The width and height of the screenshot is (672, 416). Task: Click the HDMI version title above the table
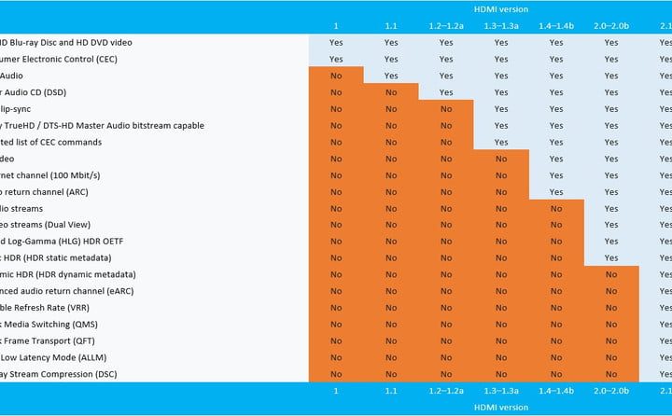(x=501, y=8)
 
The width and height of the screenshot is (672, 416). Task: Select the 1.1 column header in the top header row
(x=391, y=25)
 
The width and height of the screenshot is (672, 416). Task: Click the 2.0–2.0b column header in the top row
(x=611, y=25)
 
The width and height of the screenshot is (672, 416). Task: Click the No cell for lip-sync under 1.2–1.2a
(x=446, y=109)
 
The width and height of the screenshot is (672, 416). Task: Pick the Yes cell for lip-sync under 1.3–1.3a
(x=501, y=109)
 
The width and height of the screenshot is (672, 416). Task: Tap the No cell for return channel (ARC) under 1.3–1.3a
(x=501, y=192)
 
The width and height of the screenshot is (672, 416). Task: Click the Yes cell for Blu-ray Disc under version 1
(x=336, y=43)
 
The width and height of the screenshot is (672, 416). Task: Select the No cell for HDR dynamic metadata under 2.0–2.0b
(x=611, y=275)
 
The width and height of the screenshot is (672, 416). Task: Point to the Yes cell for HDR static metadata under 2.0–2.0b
(x=611, y=258)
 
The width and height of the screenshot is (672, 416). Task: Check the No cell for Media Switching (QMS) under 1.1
(x=391, y=325)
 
